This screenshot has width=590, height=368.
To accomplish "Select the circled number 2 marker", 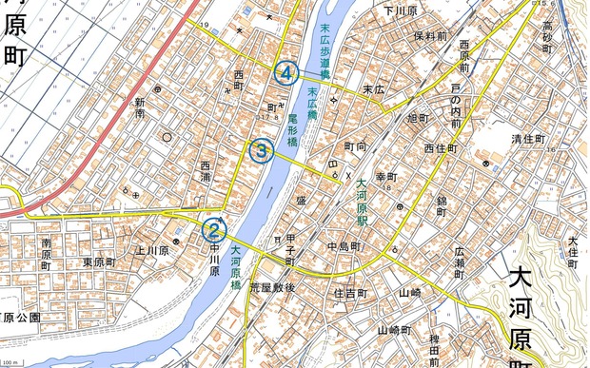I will (x=214, y=229).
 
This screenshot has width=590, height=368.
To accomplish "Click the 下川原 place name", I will (x=402, y=11).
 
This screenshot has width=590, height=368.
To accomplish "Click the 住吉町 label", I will (x=350, y=293).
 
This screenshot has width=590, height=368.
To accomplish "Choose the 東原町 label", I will (x=99, y=261).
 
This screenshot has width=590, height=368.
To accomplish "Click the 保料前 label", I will (x=431, y=35).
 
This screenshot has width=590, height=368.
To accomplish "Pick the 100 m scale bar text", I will (x=10, y=362).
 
